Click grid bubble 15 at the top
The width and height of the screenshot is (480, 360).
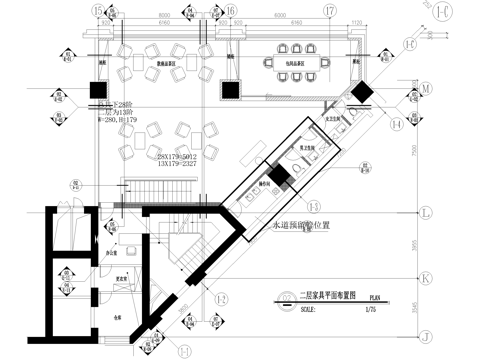pyautogui.click(x=98, y=10)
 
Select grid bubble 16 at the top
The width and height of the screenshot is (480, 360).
pyautogui.click(x=230, y=10)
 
